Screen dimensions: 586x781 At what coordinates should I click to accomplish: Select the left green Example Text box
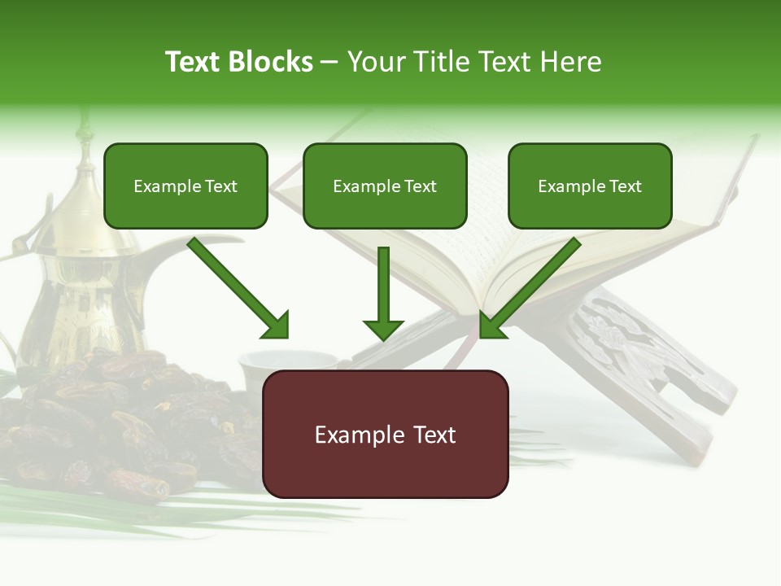[x=185, y=186]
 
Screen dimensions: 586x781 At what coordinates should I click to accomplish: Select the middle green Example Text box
[x=385, y=186]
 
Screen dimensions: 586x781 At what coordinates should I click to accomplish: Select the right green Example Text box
[x=590, y=186]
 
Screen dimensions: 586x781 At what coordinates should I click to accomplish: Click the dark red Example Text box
[x=385, y=434]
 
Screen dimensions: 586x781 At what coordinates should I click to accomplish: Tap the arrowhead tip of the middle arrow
[x=383, y=338]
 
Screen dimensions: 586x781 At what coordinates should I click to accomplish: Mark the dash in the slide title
[x=329, y=62]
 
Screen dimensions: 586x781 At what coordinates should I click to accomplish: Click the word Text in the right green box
[x=626, y=186]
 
